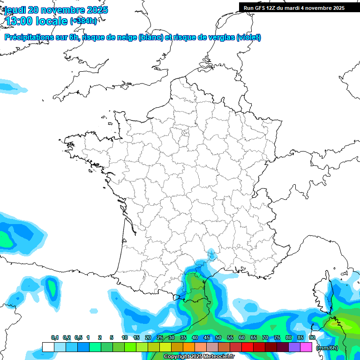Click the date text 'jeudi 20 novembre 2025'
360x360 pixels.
tap(56, 10)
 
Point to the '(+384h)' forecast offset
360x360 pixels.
tap(83, 21)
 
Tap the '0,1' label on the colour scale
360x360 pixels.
tap(55, 338)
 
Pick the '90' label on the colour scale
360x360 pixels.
tap(312, 338)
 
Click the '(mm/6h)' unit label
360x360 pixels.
tap(327, 348)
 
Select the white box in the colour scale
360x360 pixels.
tap(48, 347)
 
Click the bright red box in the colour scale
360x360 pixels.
tap(247, 347)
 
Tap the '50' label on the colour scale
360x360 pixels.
tap(218, 338)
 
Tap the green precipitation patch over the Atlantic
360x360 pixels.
tap(6, 239)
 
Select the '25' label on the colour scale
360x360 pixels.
tap(160, 338)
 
